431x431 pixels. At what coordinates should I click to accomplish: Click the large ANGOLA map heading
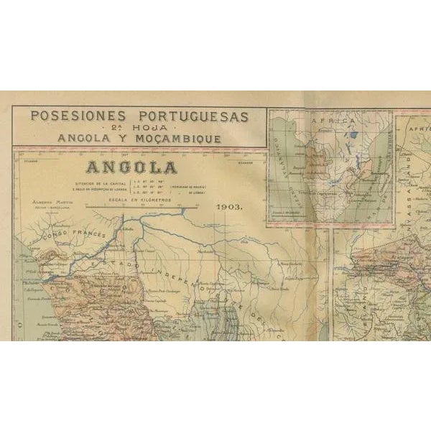coord(131,168)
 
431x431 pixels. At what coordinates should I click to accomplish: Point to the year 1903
coord(229,206)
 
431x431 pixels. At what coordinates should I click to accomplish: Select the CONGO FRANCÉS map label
coord(74,236)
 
